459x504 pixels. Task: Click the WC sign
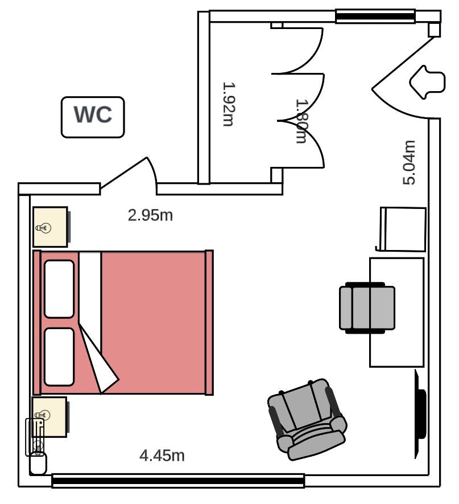93,117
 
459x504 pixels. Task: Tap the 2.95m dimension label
150,215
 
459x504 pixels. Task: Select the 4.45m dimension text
162,456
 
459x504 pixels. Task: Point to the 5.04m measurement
409,163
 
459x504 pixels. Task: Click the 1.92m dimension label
229,104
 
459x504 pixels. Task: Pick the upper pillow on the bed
59,289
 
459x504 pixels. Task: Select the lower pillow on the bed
59,357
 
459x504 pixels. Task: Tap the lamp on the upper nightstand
43,228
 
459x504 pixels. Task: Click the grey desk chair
367,308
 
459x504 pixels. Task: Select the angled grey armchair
307,420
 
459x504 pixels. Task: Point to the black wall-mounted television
420,414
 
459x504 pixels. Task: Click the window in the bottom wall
178,481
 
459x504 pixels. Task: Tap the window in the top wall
375,16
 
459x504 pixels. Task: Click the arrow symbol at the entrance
427,82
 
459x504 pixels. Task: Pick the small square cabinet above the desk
403,229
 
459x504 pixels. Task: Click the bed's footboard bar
209,322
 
